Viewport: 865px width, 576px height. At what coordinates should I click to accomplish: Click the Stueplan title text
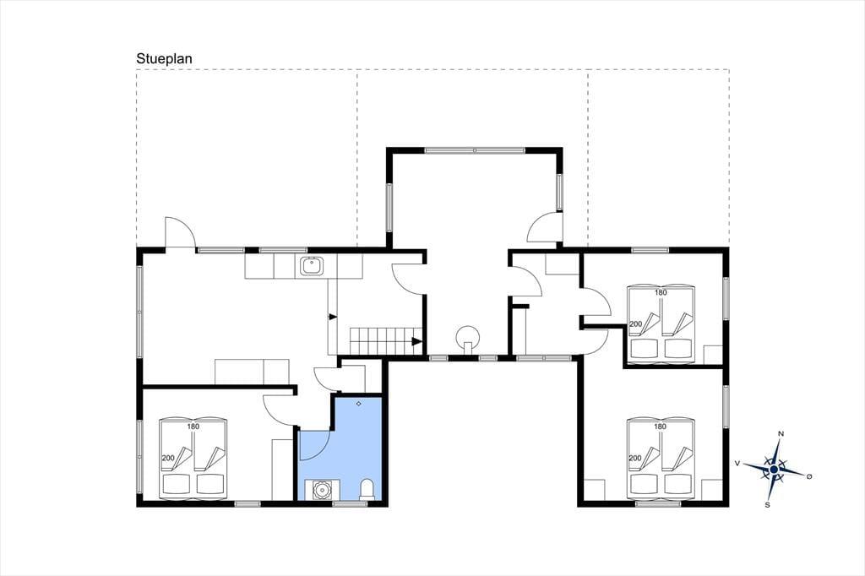tap(165, 59)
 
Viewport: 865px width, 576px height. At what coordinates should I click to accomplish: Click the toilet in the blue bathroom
tap(367, 489)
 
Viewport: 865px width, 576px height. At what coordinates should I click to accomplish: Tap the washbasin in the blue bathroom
tap(321, 490)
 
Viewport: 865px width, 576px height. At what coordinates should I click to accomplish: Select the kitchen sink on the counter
tap(313, 267)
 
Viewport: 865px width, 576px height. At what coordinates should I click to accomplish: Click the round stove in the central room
tap(468, 336)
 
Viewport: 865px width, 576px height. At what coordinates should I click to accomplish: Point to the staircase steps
tap(385, 341)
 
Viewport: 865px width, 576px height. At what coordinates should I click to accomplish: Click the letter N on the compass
tap(781, 433)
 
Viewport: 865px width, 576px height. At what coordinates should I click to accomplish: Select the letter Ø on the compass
tap(809, 476)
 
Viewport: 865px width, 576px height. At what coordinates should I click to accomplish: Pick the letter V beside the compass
tap(737, 464)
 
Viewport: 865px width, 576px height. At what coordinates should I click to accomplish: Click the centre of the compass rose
tap(774, 470)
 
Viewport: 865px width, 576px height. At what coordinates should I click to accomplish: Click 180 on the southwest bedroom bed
tap(193, 427)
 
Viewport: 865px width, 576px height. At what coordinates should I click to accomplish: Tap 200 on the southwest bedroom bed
tap(168, 458)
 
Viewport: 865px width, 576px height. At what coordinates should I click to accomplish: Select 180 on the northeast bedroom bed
tap(661, 292)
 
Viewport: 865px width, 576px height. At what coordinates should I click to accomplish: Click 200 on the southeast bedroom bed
tap(635, 458)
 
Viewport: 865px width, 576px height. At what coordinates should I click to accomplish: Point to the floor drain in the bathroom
tap(358, 404)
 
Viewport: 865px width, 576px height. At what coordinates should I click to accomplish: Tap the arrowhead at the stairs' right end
tap(417, 341)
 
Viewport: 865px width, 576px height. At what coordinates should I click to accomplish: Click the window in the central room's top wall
tap(475, 149)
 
